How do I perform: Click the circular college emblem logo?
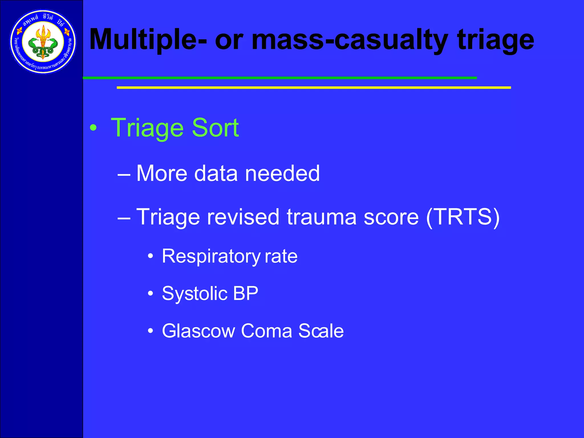coord(43,42)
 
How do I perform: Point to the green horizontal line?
coord(279,78)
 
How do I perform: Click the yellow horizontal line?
coord(314,88)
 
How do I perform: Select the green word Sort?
coord(215,128)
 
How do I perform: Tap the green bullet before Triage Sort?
coord(93,128)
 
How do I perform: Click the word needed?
coord(282,173)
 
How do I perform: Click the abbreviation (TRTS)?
coord(463,217)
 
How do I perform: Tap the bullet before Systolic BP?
coord(151,293)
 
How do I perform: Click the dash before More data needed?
coord(124,174)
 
